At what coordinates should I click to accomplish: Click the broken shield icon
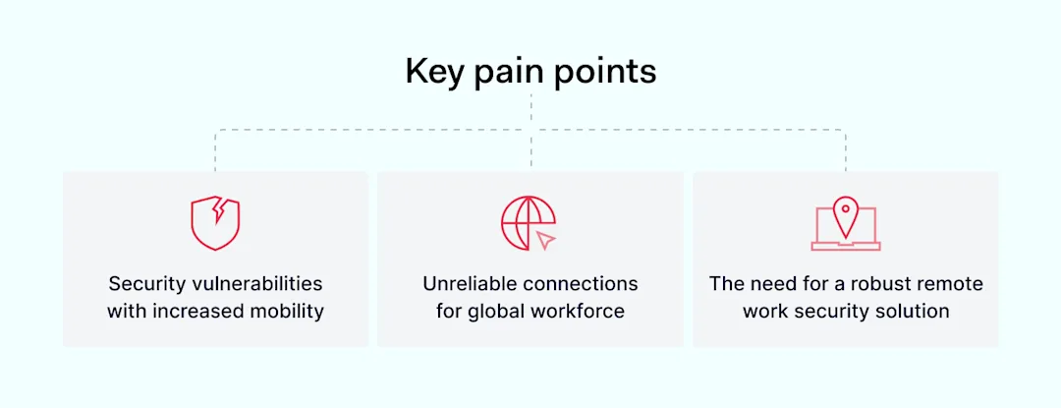point(215,223)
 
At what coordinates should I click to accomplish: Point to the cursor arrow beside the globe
point(546,239)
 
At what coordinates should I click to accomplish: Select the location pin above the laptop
point(846,213)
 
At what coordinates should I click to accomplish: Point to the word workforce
point(579,312)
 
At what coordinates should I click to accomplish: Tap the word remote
point(950,284)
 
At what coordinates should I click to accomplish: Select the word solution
point(913,312)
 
